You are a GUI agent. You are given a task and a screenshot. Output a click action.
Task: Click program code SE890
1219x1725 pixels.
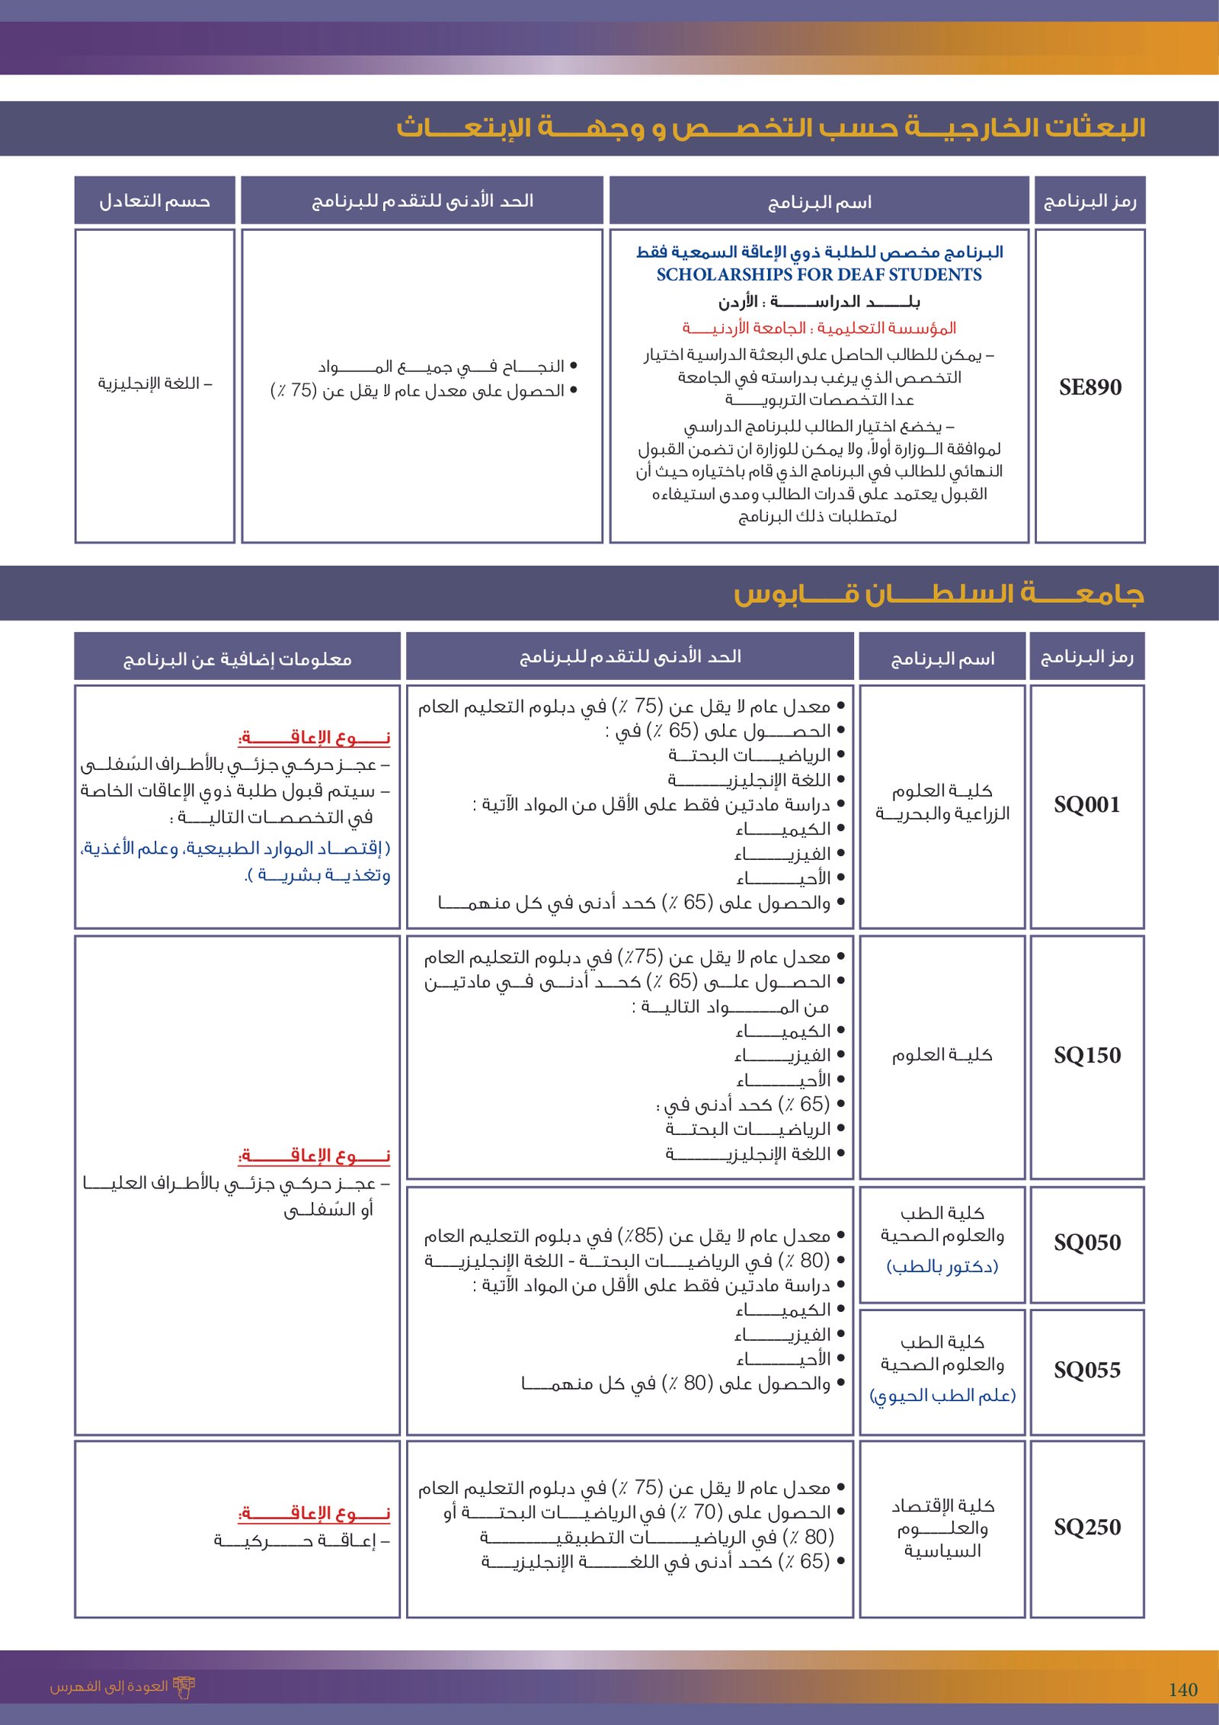coord(1089,387)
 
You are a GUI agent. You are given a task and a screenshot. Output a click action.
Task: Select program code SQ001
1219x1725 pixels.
coord(1086,805)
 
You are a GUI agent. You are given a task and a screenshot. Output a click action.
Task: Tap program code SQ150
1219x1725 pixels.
coord(1086,1056)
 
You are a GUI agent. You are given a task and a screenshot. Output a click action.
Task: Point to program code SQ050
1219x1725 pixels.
coord(1086,1243)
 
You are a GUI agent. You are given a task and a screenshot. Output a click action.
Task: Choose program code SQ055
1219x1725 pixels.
coord(1086,1371)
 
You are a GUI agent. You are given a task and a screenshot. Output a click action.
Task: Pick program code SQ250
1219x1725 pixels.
coord(1086,1528)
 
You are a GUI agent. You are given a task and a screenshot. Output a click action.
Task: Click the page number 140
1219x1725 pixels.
coord(1182,1690)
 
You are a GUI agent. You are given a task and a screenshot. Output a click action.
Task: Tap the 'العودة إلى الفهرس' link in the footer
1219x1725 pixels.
coord(109,1686)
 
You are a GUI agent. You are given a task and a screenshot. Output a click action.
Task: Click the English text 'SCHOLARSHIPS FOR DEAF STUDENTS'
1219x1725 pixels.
coord(819,274)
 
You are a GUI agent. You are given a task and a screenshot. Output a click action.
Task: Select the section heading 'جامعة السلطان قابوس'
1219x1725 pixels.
coord(939,594)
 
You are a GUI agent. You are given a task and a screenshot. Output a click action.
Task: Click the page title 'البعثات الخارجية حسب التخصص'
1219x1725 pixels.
coord(769,127)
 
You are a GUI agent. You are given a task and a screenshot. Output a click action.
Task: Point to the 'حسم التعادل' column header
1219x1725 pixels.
coord(155,201)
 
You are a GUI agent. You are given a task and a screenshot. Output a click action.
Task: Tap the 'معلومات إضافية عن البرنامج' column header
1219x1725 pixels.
coord(237,659)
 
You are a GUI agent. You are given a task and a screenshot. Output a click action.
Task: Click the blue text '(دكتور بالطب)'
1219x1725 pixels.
coord(942,1266)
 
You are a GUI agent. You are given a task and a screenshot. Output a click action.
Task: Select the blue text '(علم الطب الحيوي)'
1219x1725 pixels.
coord(942,1395)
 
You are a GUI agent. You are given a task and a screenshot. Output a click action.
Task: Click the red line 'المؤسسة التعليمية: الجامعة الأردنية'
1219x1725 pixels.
coord(819,329)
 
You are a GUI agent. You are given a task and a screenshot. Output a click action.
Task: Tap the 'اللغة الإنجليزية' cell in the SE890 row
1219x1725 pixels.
coord(155,383)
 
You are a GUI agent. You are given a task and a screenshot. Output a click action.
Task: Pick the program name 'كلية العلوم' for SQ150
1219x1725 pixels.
coord(942,1055)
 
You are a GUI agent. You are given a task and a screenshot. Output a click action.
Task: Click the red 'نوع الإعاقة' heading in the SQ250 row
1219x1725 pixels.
coord(314,1513)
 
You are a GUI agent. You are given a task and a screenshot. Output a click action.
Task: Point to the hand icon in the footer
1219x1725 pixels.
coord(184,1687)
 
